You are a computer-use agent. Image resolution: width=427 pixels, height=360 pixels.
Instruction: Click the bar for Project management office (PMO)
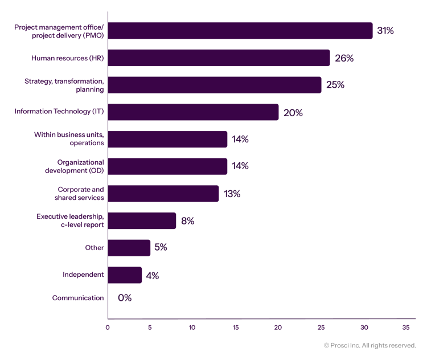tap(240, 31)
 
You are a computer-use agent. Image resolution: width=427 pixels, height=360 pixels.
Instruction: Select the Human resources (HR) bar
tap(219, 58)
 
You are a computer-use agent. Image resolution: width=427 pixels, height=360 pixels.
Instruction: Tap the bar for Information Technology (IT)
tap(193, 112)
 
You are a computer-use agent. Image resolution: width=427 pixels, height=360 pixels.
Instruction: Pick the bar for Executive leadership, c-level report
tap(142, 220)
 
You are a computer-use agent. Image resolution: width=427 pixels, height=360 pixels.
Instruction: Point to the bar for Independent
tap(125, 275)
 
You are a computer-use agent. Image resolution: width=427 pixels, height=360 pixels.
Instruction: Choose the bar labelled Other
tap(129, 248)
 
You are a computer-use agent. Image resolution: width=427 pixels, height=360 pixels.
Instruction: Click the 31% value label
tap(385, 31)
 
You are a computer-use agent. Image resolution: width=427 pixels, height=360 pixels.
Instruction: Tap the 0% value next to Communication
tap(124, 298)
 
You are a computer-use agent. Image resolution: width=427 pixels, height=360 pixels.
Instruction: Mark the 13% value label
tap(231, 194)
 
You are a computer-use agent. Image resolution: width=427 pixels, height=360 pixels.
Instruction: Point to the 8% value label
tap(187, 220)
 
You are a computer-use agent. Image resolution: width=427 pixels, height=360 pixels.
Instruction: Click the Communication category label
tap(78, 298)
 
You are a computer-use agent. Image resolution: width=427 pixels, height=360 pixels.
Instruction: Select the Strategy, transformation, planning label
tap(64, 85)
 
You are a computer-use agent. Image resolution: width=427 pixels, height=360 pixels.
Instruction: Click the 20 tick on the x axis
tap(278, 328)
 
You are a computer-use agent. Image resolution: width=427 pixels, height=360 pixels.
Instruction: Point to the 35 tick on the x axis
tap(405, 328)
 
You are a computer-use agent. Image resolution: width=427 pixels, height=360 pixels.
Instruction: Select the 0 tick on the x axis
tap(108, 328)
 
